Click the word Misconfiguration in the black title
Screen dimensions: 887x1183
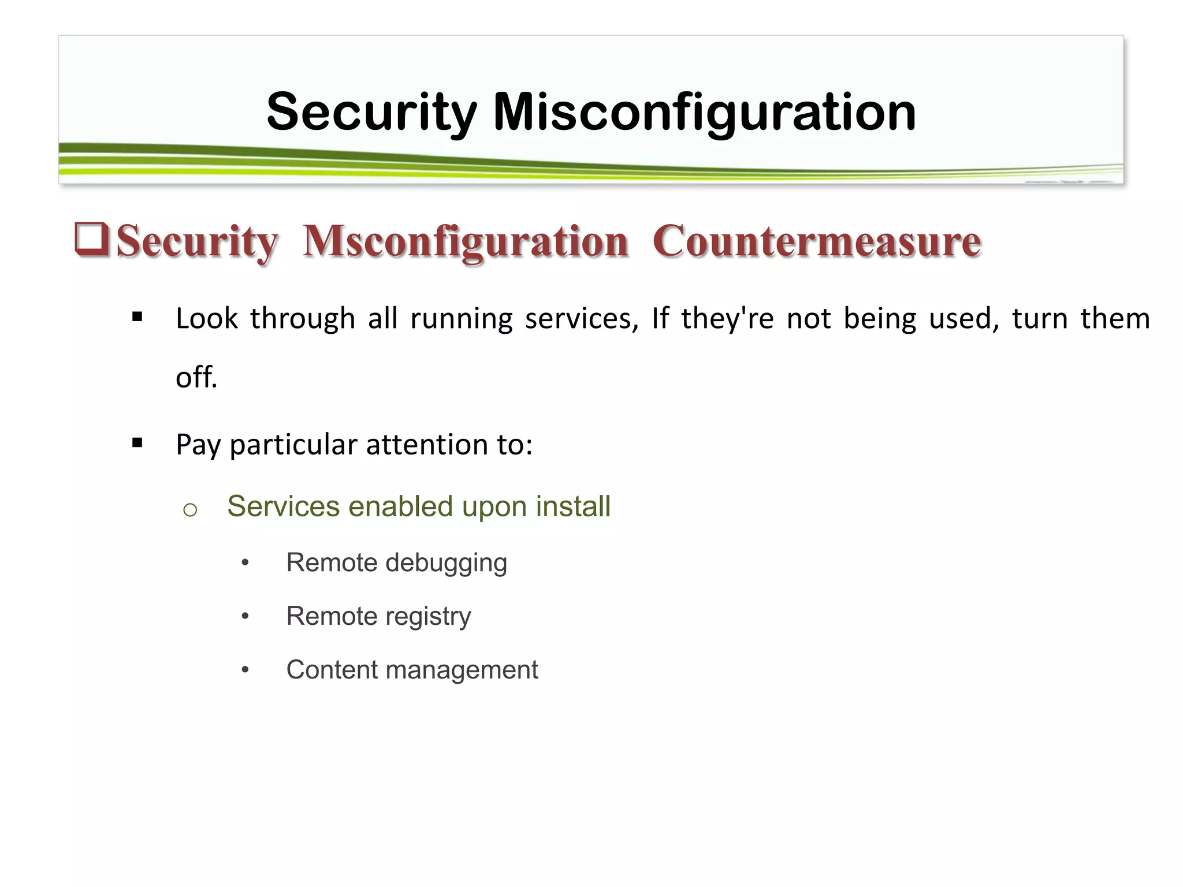(x=704, y=112)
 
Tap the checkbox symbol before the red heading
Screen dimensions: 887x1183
(x=92, y=239)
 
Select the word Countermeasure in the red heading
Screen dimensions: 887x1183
(x=817, y=241)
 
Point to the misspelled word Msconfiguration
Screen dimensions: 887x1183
(x=466, y=241)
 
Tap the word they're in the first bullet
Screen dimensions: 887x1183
(x=727, y=319)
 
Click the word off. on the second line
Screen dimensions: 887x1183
(x=196, y=378)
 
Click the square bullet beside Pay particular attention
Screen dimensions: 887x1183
(x=137, y=443)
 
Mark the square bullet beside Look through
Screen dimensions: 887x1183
(x=137, y=316)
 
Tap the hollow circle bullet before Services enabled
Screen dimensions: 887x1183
(x=190, y=509)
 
